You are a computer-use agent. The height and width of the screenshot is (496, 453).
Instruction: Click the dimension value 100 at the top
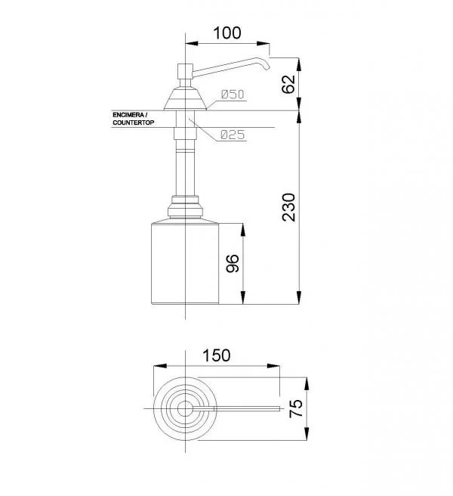[227, 33]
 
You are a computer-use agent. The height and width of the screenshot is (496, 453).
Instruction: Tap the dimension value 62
[288, 84]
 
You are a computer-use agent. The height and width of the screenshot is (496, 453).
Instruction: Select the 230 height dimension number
[288, 207]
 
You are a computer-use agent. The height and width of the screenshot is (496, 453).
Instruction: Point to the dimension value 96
[233, 263]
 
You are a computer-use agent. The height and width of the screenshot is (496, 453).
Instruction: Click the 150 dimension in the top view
[217, 355]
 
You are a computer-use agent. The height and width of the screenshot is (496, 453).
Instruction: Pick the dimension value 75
[296, 409]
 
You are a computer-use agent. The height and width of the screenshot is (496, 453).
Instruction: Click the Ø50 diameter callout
[233, 95]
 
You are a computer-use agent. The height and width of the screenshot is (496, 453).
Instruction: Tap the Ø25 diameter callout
[233, 135]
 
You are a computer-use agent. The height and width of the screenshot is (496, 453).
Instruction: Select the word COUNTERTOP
[134, 122]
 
